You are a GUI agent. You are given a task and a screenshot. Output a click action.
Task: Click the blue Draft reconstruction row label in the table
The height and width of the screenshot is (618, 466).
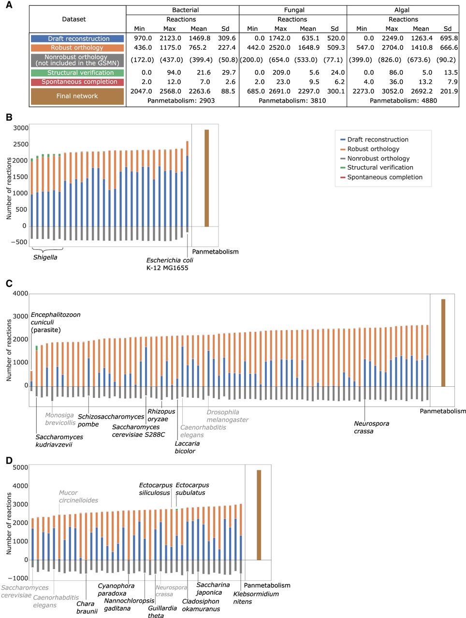coord(77,39)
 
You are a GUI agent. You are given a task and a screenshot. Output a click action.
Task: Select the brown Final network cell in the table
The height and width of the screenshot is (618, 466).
coord(77,96)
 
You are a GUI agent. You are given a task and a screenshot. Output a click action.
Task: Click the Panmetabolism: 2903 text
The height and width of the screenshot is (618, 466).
coord(181,101)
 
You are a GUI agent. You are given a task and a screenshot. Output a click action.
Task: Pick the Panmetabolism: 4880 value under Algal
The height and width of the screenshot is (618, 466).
coord(403,101)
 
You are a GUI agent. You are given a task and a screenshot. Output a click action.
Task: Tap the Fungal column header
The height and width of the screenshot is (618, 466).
coord(294,10)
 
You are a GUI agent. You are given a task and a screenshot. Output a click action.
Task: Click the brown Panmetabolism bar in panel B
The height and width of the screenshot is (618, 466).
coord(206,178)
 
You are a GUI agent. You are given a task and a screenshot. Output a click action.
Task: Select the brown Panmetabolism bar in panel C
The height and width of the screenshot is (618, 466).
coord(443,342)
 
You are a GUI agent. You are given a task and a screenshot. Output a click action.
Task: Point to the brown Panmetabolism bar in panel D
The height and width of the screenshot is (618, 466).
coord(259,515)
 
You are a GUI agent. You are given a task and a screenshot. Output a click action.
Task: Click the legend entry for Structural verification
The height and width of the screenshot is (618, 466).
coord(380,168)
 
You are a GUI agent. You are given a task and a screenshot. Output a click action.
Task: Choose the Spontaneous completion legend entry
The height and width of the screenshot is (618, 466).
coord(384,177)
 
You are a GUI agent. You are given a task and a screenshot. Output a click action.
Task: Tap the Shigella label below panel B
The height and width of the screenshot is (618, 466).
coord(45,257)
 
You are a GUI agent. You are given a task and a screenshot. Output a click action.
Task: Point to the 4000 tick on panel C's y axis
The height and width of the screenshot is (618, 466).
coord(20,294)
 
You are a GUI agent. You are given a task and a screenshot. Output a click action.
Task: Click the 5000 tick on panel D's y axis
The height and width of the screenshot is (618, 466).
coord(20,467)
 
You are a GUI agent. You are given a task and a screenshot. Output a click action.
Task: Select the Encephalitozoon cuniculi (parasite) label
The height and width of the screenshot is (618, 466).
coord(55,322)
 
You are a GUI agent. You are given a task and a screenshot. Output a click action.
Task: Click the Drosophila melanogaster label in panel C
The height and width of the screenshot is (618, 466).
coord(227,416)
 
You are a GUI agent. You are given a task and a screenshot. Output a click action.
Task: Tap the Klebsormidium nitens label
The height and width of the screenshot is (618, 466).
coord(256,598)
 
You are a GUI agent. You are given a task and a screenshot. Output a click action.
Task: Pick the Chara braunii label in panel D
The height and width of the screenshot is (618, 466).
coord(87,607)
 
